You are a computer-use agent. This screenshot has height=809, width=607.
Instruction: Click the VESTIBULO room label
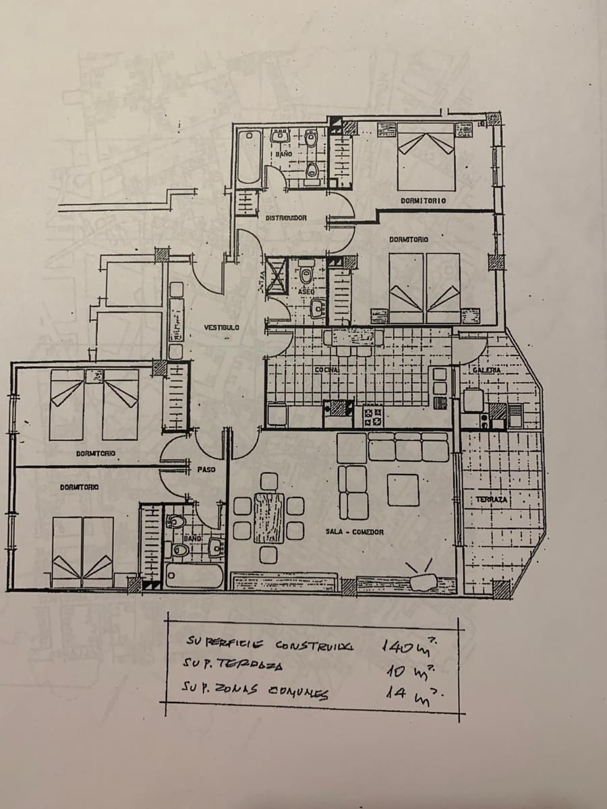(221, 328)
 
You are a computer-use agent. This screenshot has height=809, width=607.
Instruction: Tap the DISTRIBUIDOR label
(286, 218)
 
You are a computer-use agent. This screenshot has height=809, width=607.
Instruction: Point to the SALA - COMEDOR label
(354, 532)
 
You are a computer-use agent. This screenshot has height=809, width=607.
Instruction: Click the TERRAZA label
(492, 500)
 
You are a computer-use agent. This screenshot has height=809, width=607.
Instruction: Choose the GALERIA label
(486, 370)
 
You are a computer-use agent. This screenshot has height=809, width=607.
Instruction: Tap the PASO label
(206, 469)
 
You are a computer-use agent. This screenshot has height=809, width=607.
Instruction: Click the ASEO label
(307, 291)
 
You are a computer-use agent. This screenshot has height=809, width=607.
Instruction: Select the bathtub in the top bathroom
(248, 156)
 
